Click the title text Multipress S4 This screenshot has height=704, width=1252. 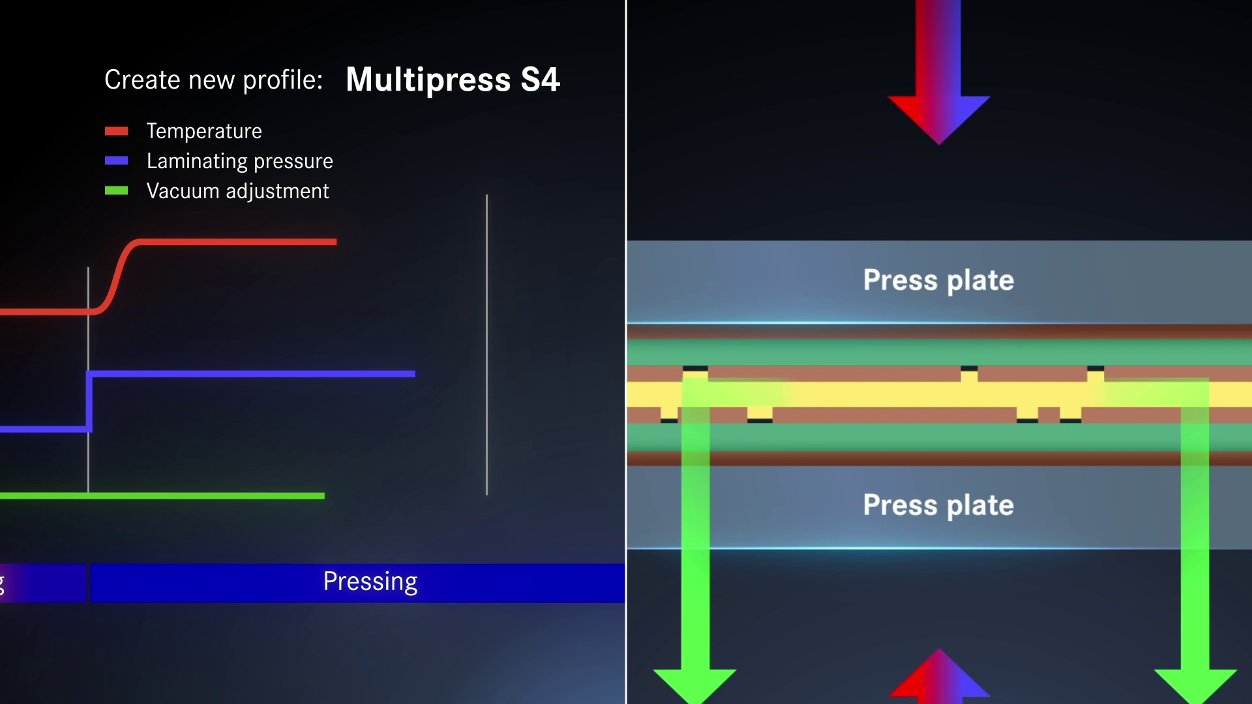click(x=453, y=80)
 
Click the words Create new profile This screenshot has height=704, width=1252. click(x=213, y=80)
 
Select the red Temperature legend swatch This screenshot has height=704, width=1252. click(x=116, y=131)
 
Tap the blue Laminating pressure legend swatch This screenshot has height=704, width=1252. click(x=116, y=161)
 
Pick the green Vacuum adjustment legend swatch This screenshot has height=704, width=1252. click(x=116, y=191)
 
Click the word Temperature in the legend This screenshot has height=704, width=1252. click(x=204, y=131)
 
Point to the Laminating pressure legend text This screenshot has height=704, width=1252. click(x=239, y=161)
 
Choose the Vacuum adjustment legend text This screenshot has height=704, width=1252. click(x=237, y=191)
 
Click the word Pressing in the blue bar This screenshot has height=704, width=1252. click(x=370, y=581)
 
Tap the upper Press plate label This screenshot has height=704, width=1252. click(x=938, y=280)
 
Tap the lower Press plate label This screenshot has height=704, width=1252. click(x=938, y=505)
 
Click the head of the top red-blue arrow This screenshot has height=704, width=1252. click(x=938, y=117)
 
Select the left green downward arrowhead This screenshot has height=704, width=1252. click(x=695, y=684)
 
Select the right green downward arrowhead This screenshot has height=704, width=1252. click(x=1195, y=684)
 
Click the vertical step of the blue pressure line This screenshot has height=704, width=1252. click(x=89, y=402)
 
